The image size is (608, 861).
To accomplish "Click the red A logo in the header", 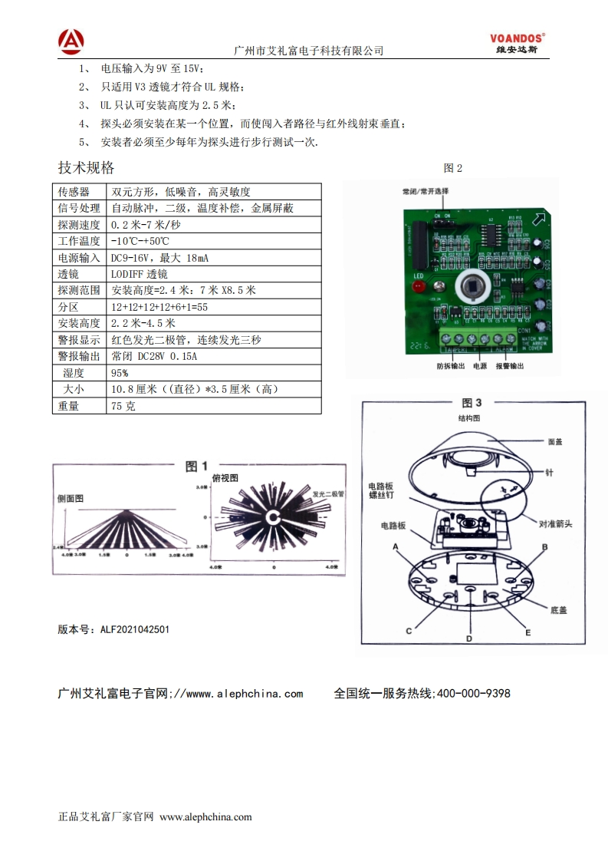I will (71, 41).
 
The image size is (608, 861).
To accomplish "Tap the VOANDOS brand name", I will (518, 36).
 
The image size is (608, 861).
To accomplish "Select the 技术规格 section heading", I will (86, 167).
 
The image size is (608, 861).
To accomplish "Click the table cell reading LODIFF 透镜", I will (140, 274).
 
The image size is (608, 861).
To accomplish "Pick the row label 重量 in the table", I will (69, 406).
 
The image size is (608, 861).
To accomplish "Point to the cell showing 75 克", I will (123, 406).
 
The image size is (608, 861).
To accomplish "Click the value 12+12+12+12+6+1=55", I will (159, 307).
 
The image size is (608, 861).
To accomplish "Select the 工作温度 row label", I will (79, 241).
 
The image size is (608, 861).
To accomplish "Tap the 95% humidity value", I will (120, 373).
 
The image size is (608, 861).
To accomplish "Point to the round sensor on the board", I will (472, 288).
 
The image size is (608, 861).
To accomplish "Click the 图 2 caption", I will (453, 168).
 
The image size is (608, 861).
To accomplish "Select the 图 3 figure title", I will (472, 402).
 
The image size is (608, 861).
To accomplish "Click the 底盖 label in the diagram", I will (558, 610).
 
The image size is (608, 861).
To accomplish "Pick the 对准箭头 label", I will (555, 524).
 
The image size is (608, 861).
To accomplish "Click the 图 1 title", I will (197, 466).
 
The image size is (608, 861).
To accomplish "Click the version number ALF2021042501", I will (135, 629).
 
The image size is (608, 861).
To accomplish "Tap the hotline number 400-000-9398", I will (472, 693).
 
